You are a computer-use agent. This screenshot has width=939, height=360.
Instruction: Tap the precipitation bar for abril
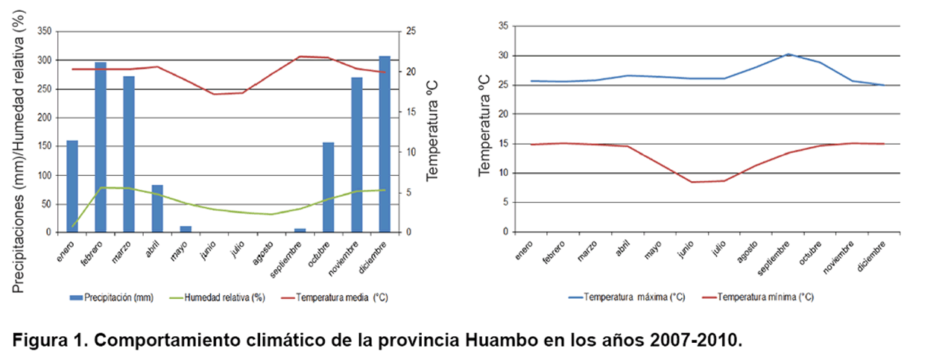(x=157, y=209)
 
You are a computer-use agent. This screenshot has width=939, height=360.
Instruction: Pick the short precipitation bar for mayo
(x=186, y=229)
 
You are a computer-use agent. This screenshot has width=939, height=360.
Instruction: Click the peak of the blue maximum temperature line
(x=788, y=54)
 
